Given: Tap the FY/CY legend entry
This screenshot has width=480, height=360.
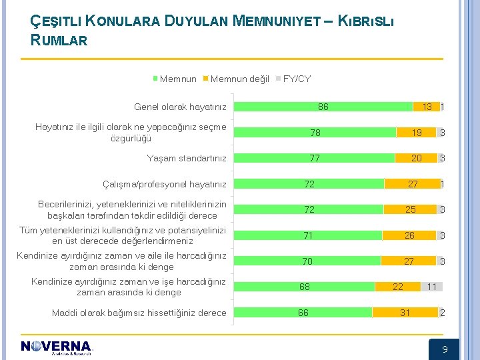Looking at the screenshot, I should [x=293, y=79].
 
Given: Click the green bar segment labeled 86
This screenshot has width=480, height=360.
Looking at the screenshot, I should [x=323, y=107].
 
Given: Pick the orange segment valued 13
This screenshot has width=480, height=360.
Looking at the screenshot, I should [x=426, y=107].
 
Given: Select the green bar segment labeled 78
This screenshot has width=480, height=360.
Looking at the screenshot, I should [x=315, y=133].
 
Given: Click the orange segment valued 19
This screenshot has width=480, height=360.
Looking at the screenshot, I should [x=416, y=133].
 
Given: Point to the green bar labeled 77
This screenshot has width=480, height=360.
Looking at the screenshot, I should [x=315, y=158].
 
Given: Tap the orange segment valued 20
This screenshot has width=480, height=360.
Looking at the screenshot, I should [x=416, y=158].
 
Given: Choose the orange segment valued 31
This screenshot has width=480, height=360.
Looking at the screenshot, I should [x=405, y=313].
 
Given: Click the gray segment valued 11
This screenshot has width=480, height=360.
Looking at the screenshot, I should [x=432, y=287].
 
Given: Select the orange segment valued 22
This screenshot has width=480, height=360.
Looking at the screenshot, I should [x=398, y=287].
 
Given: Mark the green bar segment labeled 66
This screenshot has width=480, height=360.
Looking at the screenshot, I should [x=303, y=313].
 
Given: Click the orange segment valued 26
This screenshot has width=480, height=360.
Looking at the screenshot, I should [x=409, y=235].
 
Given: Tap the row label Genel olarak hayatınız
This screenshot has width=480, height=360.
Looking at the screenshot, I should [x=180, y=107].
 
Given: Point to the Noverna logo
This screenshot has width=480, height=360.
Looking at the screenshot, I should [x=56, y=347].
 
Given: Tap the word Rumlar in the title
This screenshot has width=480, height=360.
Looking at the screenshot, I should [x=59, y=40].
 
